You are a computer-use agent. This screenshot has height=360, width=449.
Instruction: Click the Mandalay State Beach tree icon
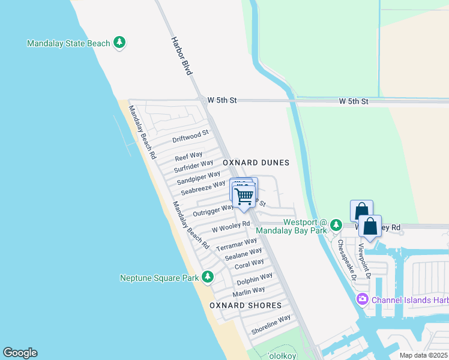click(120, 43)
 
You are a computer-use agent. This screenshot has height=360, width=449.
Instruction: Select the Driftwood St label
click(190, 137)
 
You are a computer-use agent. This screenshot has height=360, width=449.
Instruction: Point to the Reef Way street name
click(188, 156)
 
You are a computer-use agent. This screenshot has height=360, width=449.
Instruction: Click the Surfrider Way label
click(193, 166)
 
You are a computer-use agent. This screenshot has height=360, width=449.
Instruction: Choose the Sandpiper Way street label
click(199, 178)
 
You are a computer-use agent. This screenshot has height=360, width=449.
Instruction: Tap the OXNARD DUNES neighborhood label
click(256, 163)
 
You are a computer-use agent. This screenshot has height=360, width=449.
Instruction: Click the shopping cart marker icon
click(244, 196)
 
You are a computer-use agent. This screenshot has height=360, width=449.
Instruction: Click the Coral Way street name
click(249, 264)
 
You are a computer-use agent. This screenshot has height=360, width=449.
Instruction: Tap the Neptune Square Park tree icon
click(208, 277)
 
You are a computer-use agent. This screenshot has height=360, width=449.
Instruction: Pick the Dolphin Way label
click(255, 279)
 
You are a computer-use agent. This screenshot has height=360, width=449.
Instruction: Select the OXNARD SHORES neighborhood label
click(246, 305)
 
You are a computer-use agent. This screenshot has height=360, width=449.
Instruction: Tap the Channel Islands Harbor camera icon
click(362, 299)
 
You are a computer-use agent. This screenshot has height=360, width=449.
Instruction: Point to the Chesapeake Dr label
click(346, 260)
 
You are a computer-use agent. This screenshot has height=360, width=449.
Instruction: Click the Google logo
click(20, 353)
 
